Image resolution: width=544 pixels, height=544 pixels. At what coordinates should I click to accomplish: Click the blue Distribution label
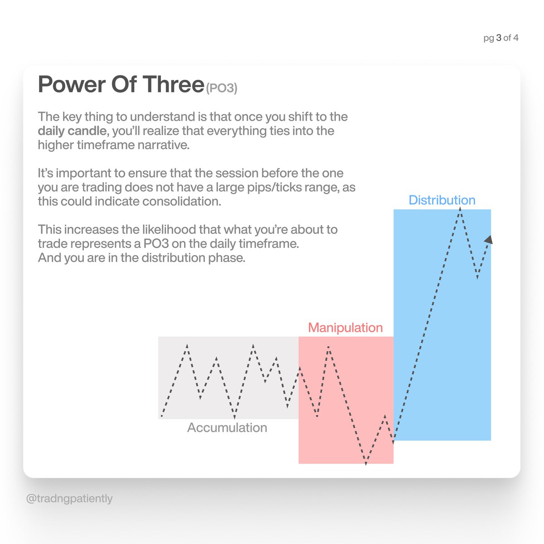pos(442,200)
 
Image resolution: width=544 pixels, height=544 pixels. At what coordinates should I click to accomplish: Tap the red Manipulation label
pos(345,327)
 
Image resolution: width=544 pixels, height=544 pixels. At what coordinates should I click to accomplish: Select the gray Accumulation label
pos(227,427)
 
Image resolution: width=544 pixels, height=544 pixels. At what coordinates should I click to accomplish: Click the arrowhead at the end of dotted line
pos(489,240)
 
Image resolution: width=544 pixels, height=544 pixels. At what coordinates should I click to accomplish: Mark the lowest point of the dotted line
pos(366,463)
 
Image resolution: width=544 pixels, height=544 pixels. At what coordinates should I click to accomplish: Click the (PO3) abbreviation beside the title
pos(222,88)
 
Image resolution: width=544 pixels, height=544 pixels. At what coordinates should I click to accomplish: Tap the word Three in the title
pos(173,84)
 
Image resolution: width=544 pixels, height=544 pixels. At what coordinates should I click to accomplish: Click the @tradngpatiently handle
pos(69,499)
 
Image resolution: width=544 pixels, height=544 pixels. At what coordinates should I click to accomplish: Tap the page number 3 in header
pos(499,38)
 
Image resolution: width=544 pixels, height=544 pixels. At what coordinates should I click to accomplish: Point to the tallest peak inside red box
pos(328,347)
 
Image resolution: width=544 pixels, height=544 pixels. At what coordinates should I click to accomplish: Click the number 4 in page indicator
pos(515,38)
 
